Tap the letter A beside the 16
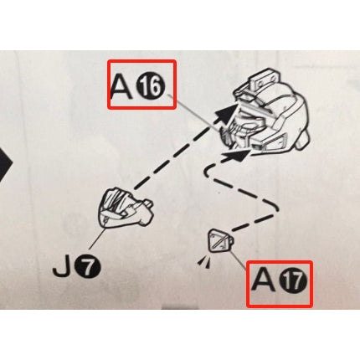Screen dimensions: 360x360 click(121, 87)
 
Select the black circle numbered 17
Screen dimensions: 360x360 click(293, 282)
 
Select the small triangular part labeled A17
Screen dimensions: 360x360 click(220, 240)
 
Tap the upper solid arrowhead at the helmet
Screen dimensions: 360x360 click(226, 115)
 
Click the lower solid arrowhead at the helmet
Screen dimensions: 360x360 click(238, 155)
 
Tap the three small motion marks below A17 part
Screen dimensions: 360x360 click(204, 262)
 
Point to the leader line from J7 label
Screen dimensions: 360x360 click(97, 239)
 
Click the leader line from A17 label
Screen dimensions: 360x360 click(238, 260)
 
